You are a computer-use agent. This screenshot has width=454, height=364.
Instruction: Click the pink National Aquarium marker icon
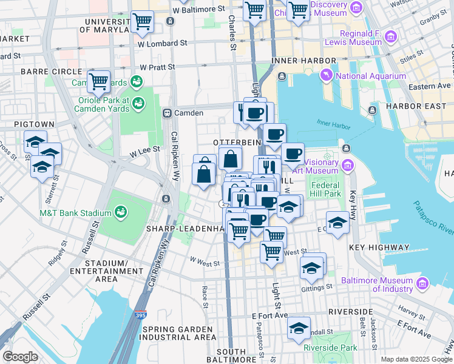click(327, 75)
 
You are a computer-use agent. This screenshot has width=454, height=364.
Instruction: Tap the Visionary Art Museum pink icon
click(347, 164)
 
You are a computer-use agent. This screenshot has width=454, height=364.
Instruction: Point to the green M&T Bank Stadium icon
click(122, 212)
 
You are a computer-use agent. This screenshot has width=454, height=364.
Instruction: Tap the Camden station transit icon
click(167, 113)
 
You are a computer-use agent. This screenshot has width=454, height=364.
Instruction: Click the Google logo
click(20, 357)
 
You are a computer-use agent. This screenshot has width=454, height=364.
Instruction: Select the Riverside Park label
click(331, 348)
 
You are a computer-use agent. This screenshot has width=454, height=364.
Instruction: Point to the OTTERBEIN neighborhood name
click(237, 141)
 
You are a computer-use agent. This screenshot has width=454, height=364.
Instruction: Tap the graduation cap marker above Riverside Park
click(299, 328)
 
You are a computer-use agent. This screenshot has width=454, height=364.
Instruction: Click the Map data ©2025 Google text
click(416, 359)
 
